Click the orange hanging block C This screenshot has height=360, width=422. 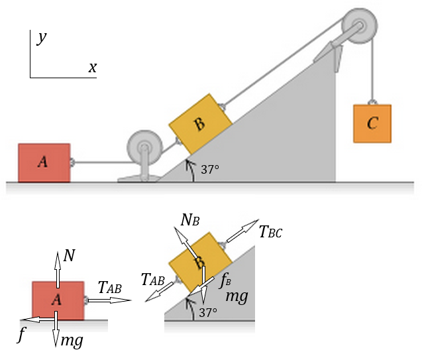372,123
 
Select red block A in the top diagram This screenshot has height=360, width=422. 44,162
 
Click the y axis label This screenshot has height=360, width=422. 42,38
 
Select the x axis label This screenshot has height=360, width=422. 93,67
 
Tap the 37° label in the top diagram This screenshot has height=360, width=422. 209,170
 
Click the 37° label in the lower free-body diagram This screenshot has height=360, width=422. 209,312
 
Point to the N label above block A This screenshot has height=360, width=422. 70,255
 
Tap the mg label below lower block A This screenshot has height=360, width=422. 71,341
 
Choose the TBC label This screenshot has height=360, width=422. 271,231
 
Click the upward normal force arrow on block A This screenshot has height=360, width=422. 58,269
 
